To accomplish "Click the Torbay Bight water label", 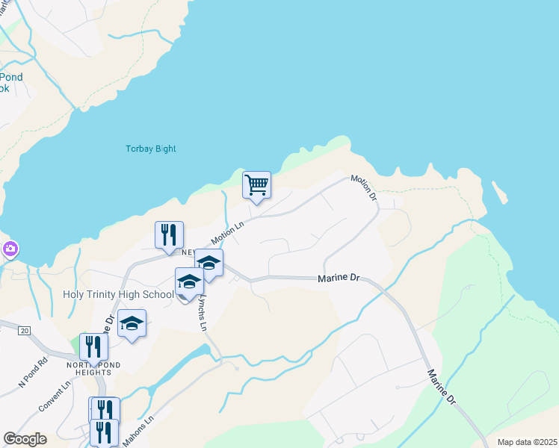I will tap(150, 149).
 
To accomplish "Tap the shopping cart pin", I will tap(256, 184).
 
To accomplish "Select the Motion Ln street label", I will tap(228, 233).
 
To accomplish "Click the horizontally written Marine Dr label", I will tap(339, 278).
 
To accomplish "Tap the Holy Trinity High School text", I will tap(118, 295).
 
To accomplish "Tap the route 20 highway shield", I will tap(25, 330).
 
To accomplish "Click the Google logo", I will tap(25, 439).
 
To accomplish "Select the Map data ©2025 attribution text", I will tap(526, 442).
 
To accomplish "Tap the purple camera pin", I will tap(10, 249).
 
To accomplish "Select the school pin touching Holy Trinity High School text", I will tap(190, 282).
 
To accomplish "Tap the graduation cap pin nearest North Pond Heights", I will tap(132, 324).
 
